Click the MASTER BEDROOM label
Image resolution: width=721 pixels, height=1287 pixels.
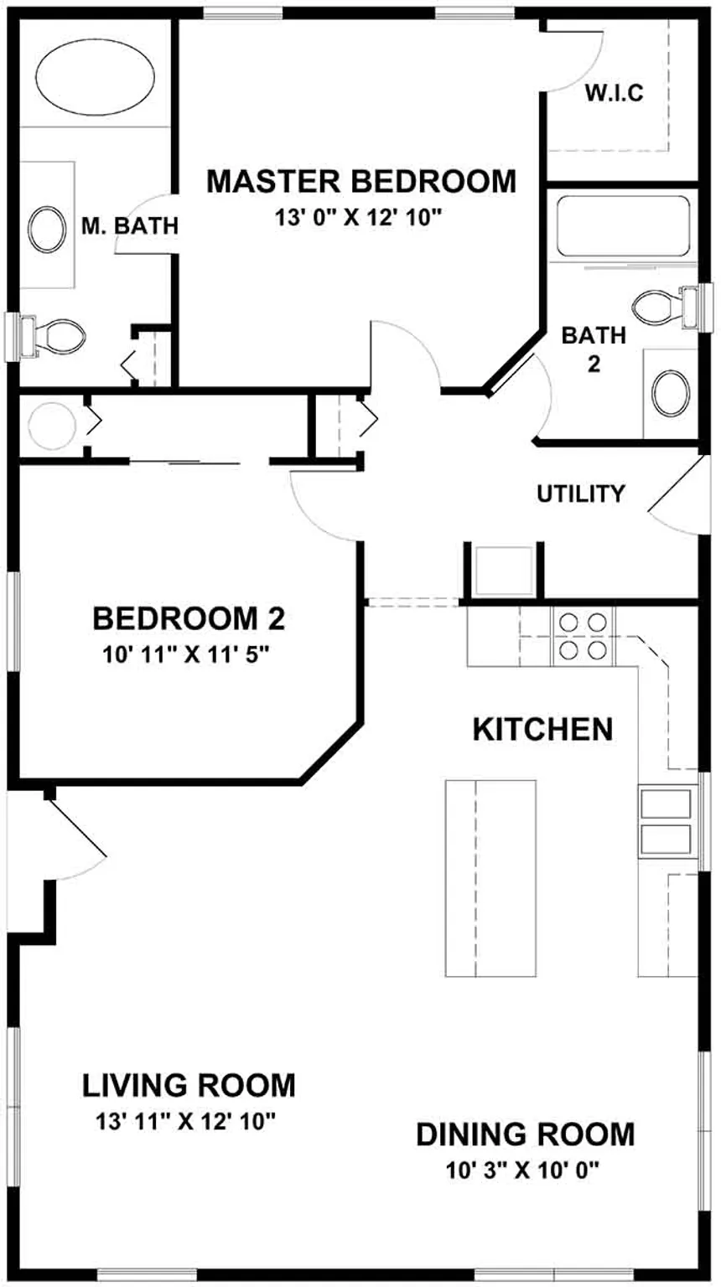(x=360, y=181)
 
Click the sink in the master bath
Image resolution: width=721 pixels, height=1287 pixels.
(x=48, y=226)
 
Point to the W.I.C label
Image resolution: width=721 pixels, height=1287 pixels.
(x=614, y=94)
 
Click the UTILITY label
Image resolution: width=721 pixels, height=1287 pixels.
(x=581, y=494)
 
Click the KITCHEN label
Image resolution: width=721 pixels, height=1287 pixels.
(x=542, y=729)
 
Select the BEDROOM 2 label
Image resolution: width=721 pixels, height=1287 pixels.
(x=189, y=619)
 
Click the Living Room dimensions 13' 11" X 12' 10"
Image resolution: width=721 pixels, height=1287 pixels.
(x=186, y=1120)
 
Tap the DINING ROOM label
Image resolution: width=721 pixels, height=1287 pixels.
(x=526, y=1135)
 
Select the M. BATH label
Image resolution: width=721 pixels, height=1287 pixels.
(x=130, y=225)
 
